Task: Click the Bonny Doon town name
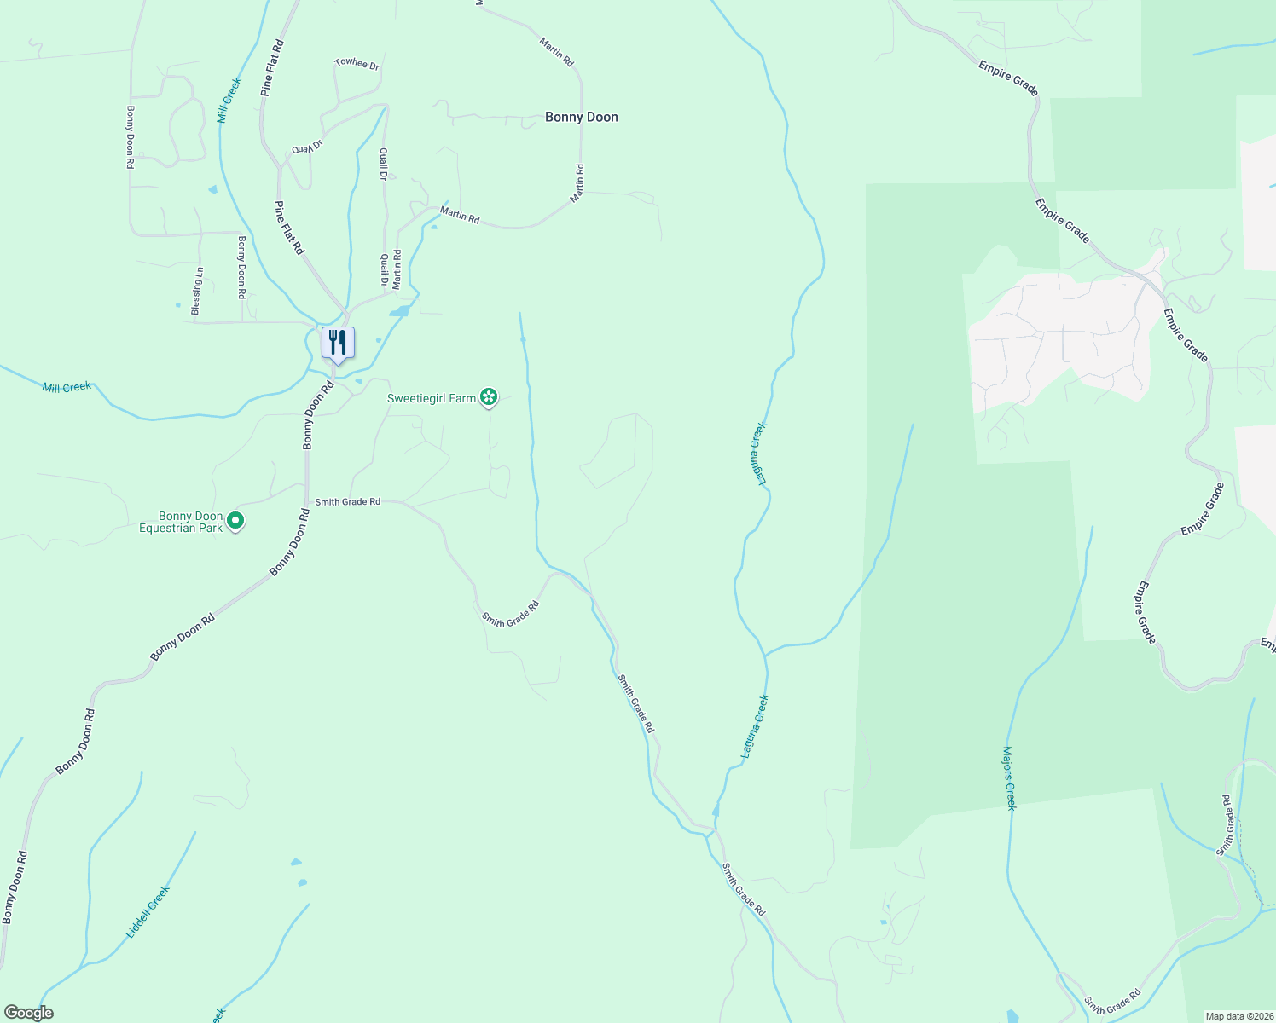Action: click(x=581, y=117)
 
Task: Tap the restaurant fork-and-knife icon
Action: click(x=338, y=343)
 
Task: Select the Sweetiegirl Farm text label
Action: click(x=432, y=398)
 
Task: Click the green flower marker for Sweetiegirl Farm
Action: click(x=488, y=396)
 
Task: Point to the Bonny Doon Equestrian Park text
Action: click(x=181, y=522)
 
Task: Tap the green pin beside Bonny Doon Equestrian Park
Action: click(x=236, y=520)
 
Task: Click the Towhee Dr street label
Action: click(x=357, y=63)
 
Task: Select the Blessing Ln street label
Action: click(x=197, y=292)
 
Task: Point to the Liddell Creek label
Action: click(x=148, y=911)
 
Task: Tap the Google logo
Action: click(x=28, y=1013)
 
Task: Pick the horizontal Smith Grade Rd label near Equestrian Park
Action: click(x=347, y=502)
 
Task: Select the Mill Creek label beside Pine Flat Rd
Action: click(x=229, y=100)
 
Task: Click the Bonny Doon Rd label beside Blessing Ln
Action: click(x=242, y=267)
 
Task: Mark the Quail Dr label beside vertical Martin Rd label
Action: click(x=385, y=269)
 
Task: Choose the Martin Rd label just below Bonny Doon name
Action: click(x=578, y=182)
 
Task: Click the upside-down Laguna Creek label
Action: click(x=758, y=454)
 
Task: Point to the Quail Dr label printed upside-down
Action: click(x=308, y=147)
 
